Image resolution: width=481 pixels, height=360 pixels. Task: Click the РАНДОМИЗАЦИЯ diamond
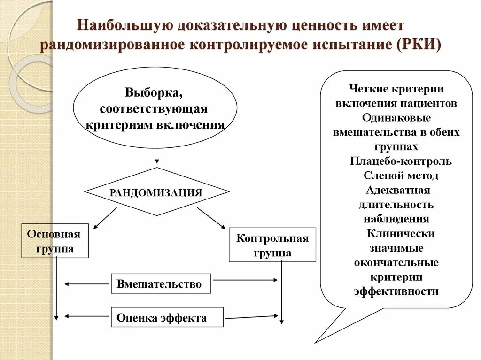tap(156, 192)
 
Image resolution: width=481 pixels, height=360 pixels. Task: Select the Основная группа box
tap(55, 241)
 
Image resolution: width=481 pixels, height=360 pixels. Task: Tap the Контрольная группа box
tap(272, 245)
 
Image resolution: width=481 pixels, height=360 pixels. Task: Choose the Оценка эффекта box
tap(167, 317)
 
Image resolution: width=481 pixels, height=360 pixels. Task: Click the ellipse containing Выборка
tap(155, 109)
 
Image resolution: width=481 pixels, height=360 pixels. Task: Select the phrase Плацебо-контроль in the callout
tap(401, 161)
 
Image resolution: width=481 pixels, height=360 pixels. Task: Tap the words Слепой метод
tap(401, 176)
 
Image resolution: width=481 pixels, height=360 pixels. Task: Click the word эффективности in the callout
tap(396, 291)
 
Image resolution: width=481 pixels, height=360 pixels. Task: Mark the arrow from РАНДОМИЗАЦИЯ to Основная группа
tap(105, 218)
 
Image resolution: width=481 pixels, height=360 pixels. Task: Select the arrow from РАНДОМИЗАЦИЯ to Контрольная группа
tap(211, 218)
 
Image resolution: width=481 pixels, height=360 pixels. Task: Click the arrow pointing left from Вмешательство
tap(86, 284)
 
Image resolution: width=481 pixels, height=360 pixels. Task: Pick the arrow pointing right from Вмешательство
tap(245, 280)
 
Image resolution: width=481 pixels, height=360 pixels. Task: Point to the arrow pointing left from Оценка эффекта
tap(86, 316)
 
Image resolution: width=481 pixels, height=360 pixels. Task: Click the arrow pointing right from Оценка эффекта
tap(252, 317)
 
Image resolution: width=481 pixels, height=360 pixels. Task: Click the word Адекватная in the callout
tap(397, 190)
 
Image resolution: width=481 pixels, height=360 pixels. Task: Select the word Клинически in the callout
tap(401, 233)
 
